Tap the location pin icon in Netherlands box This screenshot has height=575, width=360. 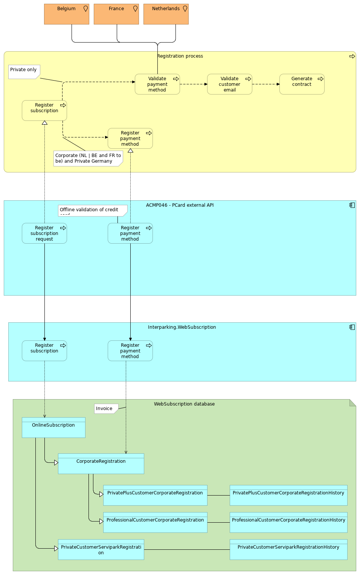coord(185,9)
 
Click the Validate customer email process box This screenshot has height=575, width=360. coord(229,84)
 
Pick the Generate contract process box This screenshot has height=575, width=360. coord(302,84)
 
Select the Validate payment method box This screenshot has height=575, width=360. coord(157,84)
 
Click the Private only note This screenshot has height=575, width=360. coord(24,72)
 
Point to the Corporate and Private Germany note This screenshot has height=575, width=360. coord(88,158)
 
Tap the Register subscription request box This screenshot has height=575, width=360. coord(44,233)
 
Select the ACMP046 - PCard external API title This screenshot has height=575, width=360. coord(180,205)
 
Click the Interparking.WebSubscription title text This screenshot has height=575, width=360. coord(182,327)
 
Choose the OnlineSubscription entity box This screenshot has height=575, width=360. coord(53,427)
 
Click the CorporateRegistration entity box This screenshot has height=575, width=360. coord(101,464)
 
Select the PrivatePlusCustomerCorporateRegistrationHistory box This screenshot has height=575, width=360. coord(288,495)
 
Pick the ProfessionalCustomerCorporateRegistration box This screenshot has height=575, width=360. coord(155,522)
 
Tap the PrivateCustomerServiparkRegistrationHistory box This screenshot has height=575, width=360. coord(288,549)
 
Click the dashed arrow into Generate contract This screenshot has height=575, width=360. coord(265,84)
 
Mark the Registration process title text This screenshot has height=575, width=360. coord(180,56)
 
